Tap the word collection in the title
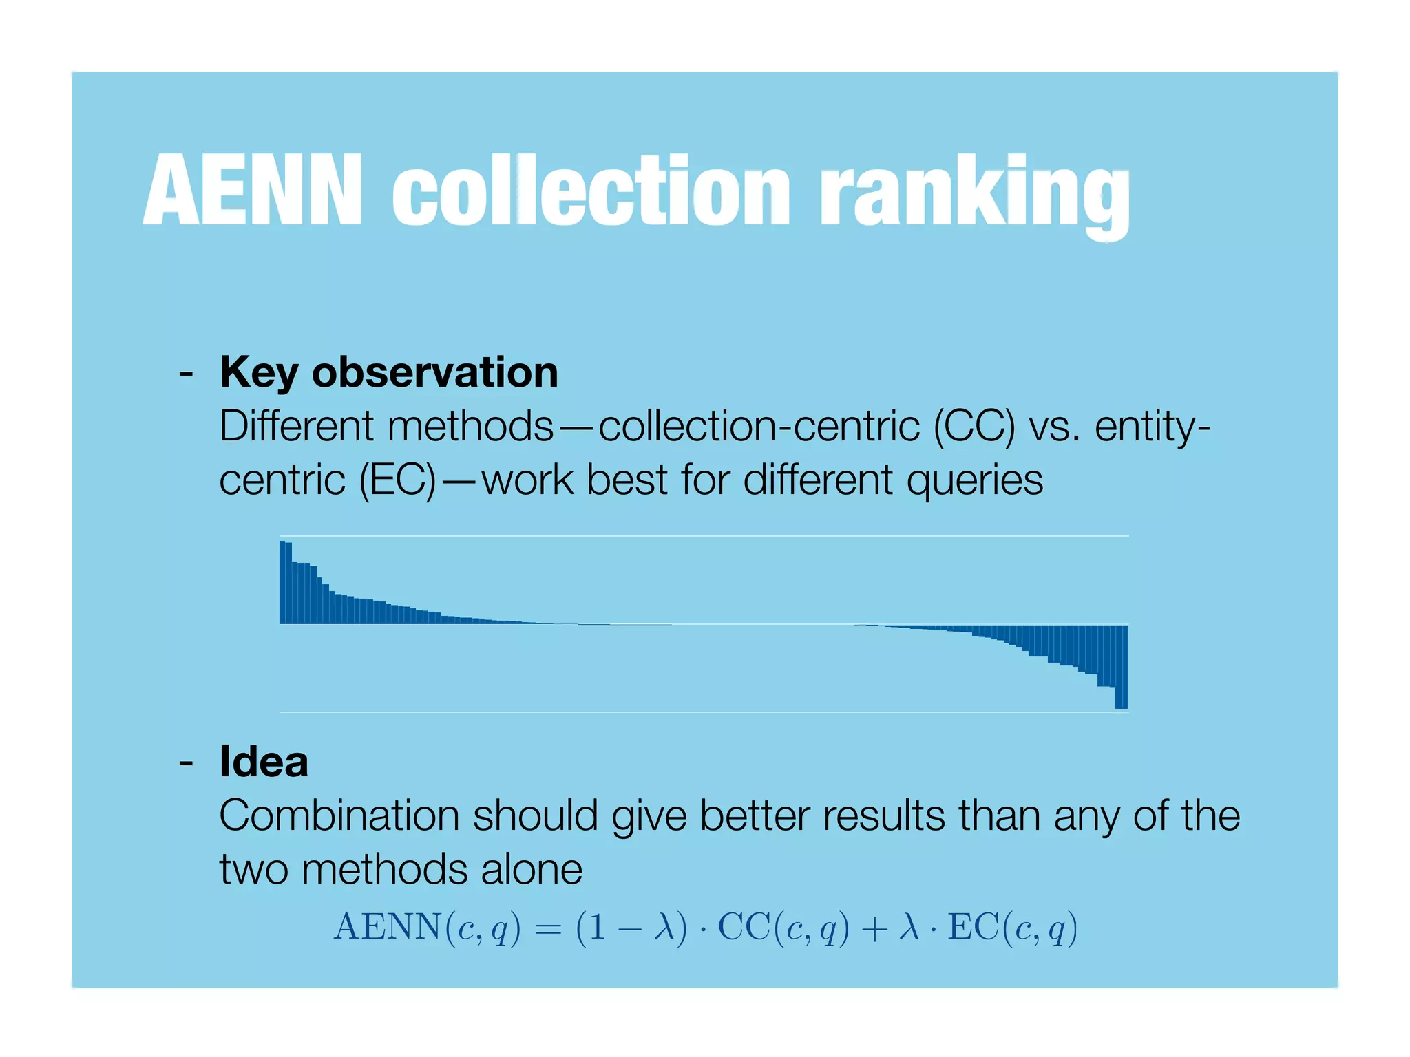pyautogui.click(x=591, y=190)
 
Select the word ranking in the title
pyautogui.click(x=974, y=193)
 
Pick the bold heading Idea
pyautogui.click(x=264, y=762)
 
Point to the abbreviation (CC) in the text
pyautogui.click(x=974, y=426)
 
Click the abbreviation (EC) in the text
pyautogui.click(x=397, y=480)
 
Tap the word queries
pyautogui.click(x=974, y=481)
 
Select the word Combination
pyautogui.click(x=339, y=816)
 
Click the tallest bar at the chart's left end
pyautogui.click(x=283, y=582)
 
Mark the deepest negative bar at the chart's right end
pyautogui.click(x=1121, y=666)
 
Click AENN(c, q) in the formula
pyautogui.click(x=427, y=928)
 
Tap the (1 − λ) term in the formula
pyautogui.click(x=631, y=928)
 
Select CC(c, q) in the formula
pyautogui.click(x=783, y=928)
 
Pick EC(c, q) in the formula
pyautogui.click(x=1012, y=928)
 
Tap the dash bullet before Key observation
pyautogui.click(x=185, y=374)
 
